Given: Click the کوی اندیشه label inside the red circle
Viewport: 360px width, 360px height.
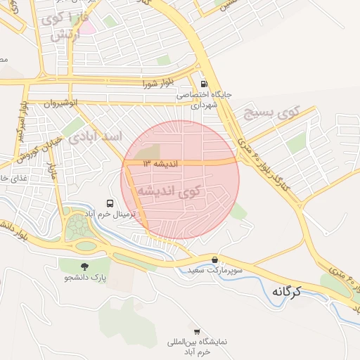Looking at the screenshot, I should pyautogui.click(x=168, y=191).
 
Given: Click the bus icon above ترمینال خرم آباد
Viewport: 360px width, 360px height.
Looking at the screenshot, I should pyautogui.click(x=109, y=202).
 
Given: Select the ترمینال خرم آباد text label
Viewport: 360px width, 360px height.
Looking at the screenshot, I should pyautogui.click(x=110, y=213).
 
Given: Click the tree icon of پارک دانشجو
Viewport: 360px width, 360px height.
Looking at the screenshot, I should pyautogui.click(x=85, y=266).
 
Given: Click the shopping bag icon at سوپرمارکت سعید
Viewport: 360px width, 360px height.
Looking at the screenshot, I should pyautogui.click(x=214, y=259).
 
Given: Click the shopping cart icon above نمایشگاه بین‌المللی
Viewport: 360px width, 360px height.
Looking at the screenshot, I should pyautogui.click(x=196, y=331).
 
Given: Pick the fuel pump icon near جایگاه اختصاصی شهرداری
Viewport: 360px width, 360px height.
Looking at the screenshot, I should pyautogui.click(x=204, y=82).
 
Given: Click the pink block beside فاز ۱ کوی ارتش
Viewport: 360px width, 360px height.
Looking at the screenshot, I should pyautogui.click(x=87, y=28).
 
